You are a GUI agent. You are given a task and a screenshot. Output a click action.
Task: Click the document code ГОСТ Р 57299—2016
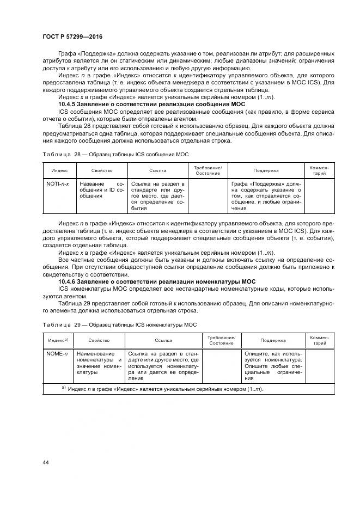coord(72,36)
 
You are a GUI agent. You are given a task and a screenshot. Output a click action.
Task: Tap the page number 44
coord(45,462)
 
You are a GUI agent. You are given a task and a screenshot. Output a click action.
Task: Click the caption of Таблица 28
coord(115,155)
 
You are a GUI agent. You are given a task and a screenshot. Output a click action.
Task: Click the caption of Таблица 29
coord(119,324)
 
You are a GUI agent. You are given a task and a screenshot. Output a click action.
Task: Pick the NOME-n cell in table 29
coord(57,353)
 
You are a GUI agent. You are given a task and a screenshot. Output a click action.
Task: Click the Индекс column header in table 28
coord(59,170)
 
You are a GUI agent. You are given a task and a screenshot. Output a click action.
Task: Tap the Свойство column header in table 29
coord(99,340)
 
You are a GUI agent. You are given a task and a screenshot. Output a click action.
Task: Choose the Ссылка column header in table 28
coord(157,170)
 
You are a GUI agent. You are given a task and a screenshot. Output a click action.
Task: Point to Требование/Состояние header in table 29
coord(221,340)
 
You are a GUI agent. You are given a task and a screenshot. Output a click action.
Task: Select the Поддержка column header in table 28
coord(265,170)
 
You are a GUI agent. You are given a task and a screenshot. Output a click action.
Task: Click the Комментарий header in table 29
coord(319,340)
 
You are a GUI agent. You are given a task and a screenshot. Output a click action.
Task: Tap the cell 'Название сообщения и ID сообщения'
coord(102,190)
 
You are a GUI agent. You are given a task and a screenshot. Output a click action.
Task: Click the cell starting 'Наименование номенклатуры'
coord(99,363)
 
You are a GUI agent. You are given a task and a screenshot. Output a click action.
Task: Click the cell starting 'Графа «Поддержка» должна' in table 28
coord(265,196)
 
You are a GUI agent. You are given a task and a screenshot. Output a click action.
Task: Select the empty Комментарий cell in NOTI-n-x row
coord(319,196)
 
